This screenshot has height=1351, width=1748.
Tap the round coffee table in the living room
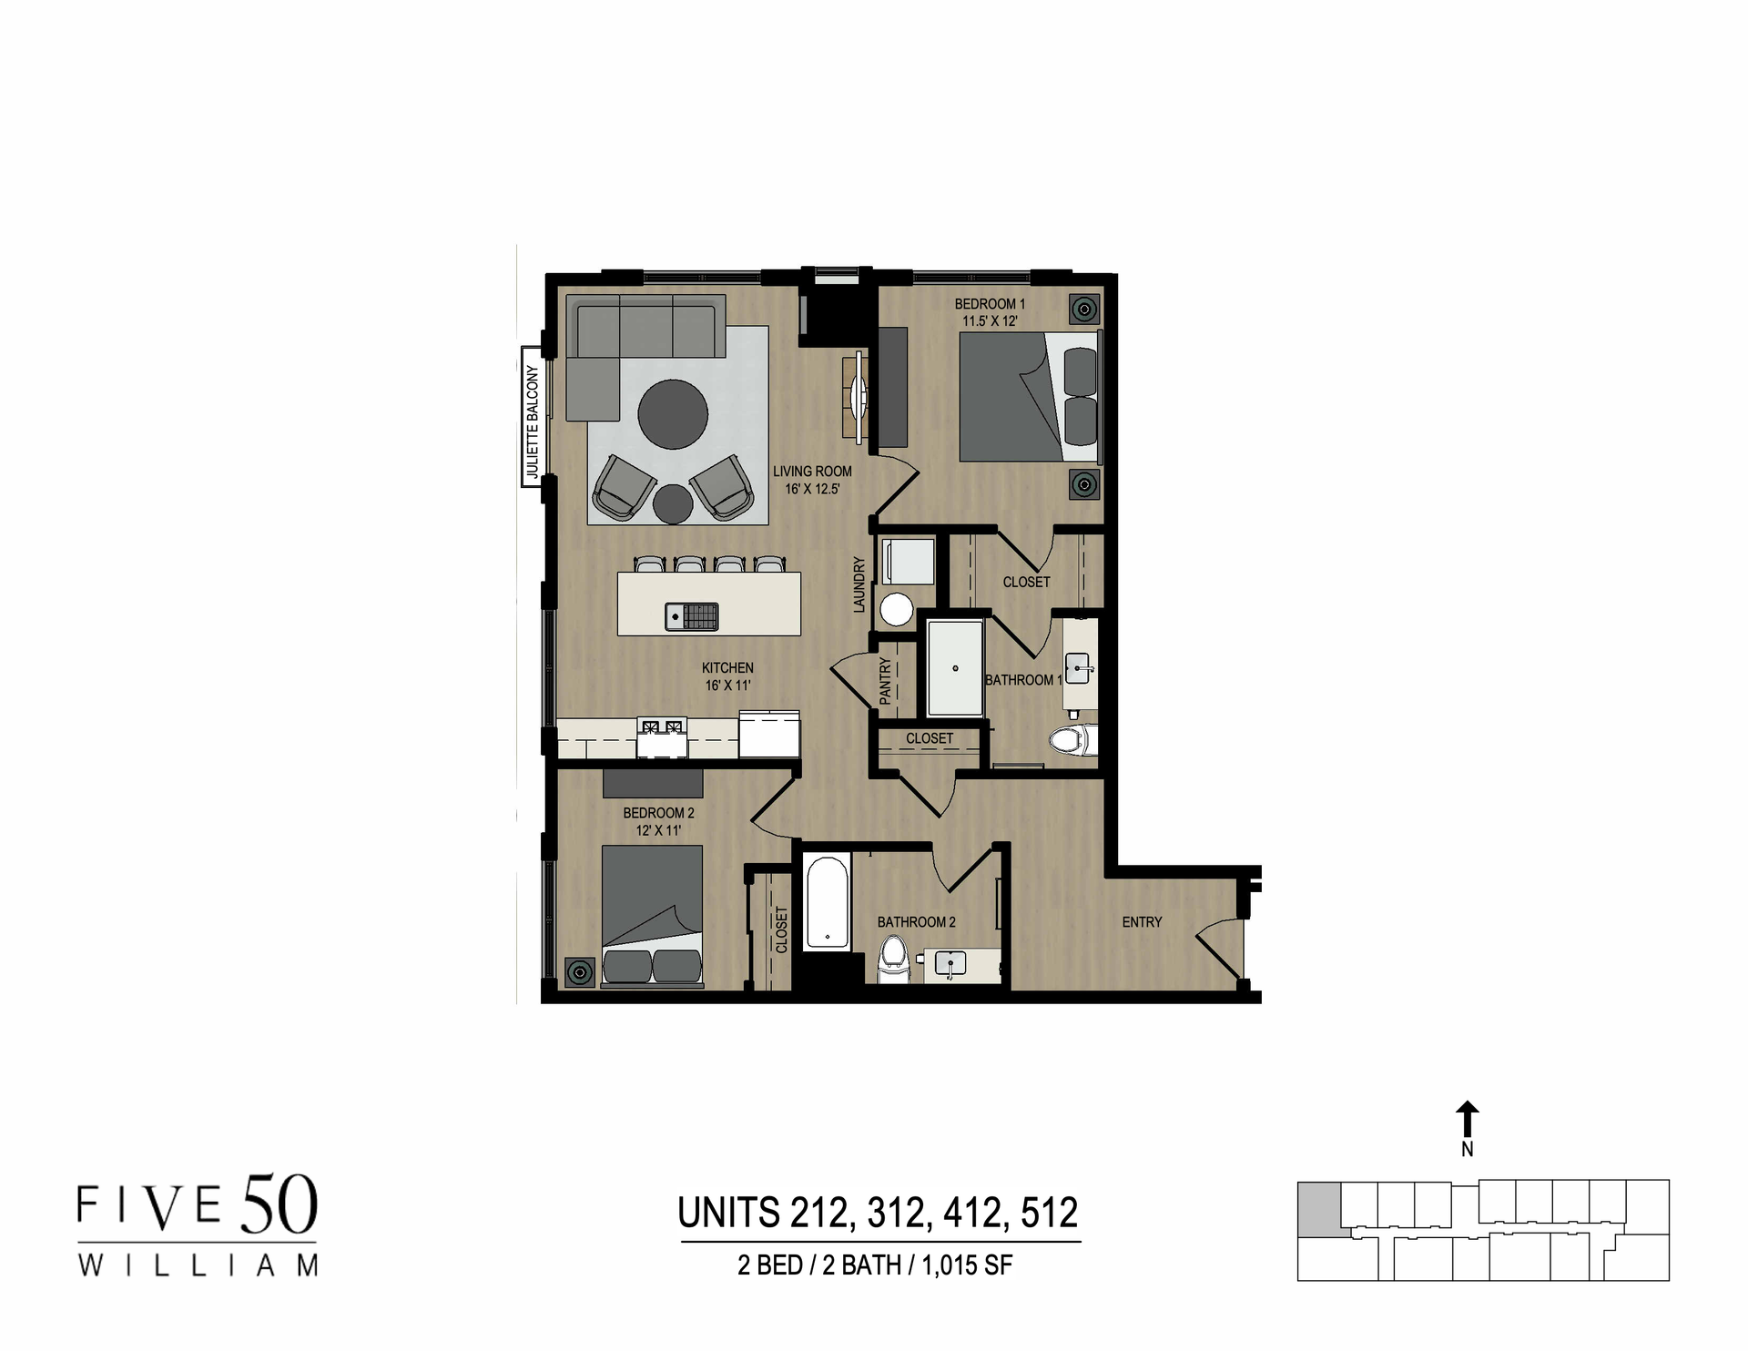point(673,414)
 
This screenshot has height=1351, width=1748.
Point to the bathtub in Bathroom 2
point(828,902)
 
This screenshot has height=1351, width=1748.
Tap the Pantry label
point(885,681)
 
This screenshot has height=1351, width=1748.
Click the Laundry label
point(859,585)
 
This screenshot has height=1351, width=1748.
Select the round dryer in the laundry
point(897,609)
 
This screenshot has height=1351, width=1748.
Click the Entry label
point(1142,922)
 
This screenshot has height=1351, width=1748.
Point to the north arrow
point(1467,1119)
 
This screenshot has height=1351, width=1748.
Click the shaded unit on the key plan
point(1317,1209)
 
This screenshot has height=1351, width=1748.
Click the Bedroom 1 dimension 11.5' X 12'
point(990,321)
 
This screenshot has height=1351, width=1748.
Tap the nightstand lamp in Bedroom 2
point(580,972)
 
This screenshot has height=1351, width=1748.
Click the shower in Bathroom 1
point(955,668)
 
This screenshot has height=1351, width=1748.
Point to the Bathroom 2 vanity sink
point(950,963)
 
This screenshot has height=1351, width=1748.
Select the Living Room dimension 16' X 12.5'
point(812,489)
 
